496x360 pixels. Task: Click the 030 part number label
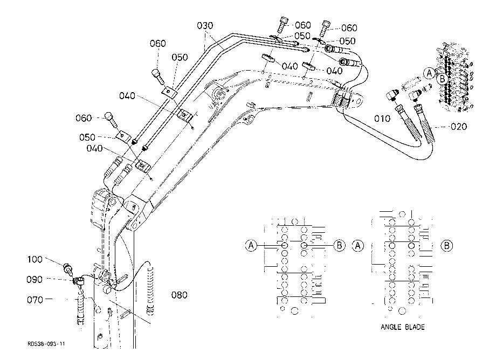205,25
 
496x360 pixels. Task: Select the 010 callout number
382,119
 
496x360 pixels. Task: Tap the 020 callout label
459,127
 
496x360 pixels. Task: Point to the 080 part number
179,295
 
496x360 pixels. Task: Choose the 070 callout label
35,299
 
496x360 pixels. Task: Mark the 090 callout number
34,279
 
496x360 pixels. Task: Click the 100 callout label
35,259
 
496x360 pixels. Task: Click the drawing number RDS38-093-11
46,344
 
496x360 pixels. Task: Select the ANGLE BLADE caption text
403,327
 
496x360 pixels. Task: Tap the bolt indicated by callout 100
68,268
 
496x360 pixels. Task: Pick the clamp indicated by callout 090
79,280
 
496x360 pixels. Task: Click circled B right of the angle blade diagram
446,246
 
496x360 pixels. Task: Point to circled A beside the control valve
429,73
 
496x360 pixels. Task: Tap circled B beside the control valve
442,79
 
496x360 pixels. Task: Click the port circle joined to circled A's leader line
284,245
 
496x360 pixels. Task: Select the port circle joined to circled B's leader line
304,245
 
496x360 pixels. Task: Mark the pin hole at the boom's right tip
359,101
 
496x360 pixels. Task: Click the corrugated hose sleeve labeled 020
427,124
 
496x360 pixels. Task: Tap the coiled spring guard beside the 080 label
150,291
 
